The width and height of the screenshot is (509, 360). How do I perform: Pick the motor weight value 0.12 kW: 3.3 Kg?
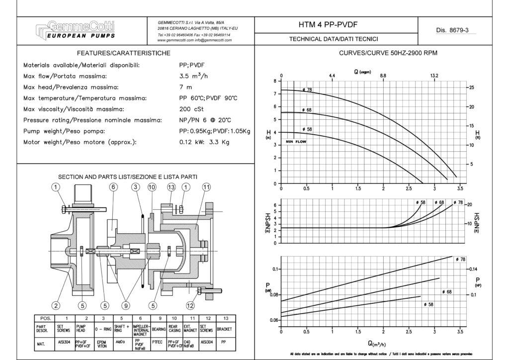(204, 142)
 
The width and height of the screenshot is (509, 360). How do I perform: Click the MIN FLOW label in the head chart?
(297, 142)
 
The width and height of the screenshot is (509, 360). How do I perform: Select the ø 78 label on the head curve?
(307, 90)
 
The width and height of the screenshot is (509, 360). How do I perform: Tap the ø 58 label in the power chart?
(427, 304)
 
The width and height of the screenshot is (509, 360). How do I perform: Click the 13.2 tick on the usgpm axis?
(434, 76)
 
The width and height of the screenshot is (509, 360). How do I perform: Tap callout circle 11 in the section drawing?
(207, 187)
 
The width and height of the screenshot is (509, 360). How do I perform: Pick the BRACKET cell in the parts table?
(224, 329)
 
